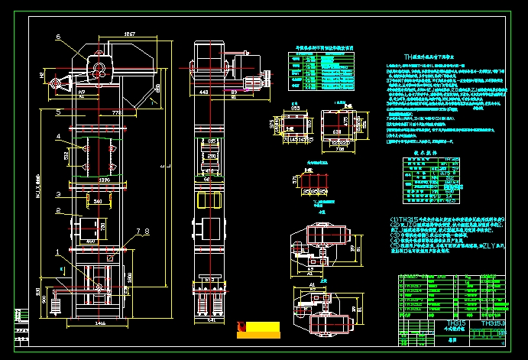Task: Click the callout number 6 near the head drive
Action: click(57, 37)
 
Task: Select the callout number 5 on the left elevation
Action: click(57, 112)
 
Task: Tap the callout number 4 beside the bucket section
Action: click(57, 137)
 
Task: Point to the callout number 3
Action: click(57, 195)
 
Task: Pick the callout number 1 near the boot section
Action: click(57, 251)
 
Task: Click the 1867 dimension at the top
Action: click(129, 34)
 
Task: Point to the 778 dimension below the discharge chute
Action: click(117, 112)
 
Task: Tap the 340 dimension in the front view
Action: click(97, 202)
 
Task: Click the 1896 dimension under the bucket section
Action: click(105, 180)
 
